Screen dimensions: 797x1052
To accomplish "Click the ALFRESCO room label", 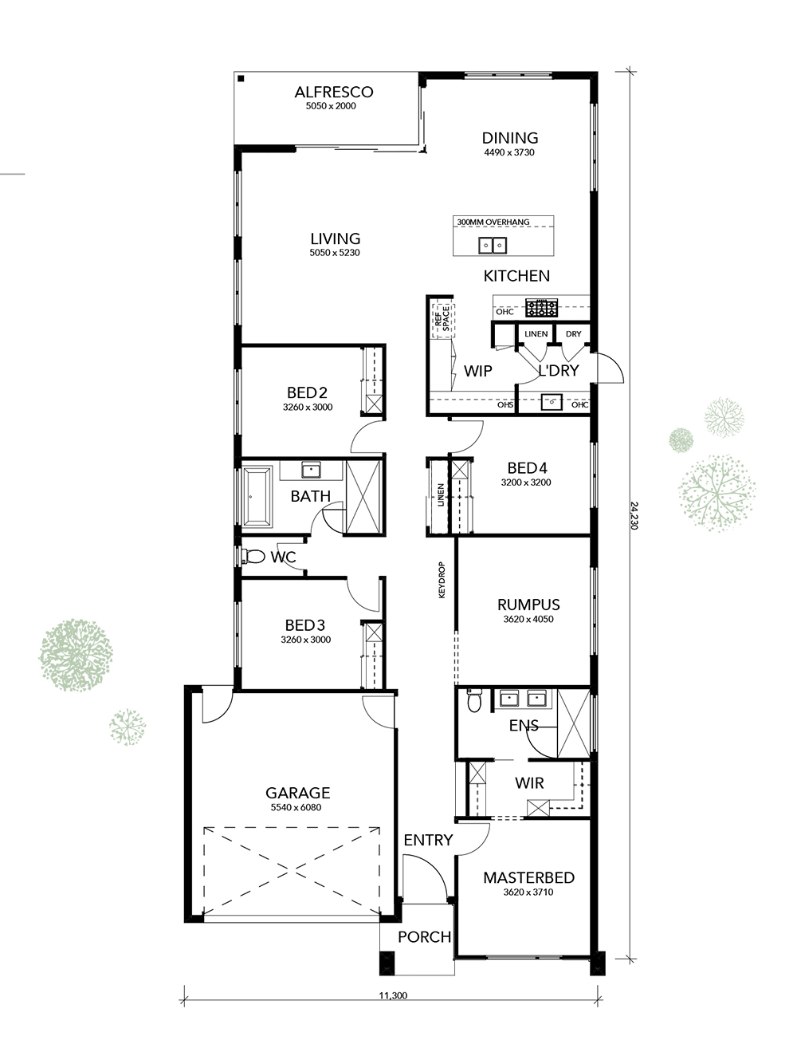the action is (x=333, y=92).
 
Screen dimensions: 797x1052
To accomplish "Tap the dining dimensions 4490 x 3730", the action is (x=509, y=152).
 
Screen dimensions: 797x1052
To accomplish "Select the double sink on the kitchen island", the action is (x=493, y=246).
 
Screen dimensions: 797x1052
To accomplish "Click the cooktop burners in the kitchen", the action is (x=542, y=308).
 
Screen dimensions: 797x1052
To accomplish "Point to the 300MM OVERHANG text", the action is (x=493, y=222).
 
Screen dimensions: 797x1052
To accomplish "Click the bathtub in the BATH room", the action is (x=257, y=497).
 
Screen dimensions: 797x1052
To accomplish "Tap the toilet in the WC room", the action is (x=253, y=557).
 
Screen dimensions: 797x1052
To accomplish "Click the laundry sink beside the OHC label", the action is (x=552, y=402).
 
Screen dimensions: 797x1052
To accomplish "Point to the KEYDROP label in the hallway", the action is (x=442, y=580).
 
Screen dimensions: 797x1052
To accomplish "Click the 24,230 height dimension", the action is (x=634, y=516).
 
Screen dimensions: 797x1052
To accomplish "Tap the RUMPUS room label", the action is (x=528, y=605).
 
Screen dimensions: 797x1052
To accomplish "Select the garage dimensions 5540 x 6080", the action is (x=296, y=807).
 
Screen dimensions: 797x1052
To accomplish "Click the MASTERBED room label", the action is (x=528, y=877).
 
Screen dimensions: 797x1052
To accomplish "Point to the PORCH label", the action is (x=424, y=936).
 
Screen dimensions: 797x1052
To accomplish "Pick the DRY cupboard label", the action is (x=573, y=333).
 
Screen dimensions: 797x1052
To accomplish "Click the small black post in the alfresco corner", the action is (x=241, y=79).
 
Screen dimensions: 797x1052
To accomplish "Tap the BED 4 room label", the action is (x=527, y=467).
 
